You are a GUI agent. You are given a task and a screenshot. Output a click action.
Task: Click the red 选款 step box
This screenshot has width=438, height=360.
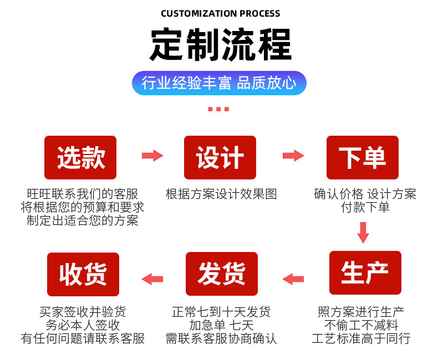(80, 157)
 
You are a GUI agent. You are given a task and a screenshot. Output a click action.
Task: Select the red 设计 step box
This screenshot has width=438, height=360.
(220, 157)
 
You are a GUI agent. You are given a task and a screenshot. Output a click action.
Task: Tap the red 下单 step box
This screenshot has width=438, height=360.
(362, 157)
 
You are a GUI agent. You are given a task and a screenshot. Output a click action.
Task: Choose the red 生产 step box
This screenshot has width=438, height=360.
(365, 272)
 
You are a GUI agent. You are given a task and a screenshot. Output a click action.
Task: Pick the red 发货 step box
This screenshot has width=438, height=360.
(221, 272)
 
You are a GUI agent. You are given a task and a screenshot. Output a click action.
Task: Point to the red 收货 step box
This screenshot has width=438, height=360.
(83, 272)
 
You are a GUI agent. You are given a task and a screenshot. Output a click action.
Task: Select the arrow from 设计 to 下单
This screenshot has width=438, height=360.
(293, 156)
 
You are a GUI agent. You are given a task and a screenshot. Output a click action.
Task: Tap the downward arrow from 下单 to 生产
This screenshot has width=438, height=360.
(363, 232)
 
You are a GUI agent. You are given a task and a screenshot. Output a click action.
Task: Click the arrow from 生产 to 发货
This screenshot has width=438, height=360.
(293, 279)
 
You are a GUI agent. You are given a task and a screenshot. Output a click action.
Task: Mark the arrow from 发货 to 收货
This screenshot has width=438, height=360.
(152, 279)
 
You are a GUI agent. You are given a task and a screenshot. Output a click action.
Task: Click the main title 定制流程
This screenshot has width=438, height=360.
(220, 45)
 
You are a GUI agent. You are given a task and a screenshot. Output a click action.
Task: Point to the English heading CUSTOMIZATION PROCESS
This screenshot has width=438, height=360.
(220, 13)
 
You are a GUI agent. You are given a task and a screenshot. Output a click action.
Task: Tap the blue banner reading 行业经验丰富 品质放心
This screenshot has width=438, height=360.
(219, 83)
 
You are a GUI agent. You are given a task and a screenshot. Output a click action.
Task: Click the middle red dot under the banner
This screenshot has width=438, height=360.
(218, 109)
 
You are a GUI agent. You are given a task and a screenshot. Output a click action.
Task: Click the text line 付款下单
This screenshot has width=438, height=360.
(365, 207)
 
